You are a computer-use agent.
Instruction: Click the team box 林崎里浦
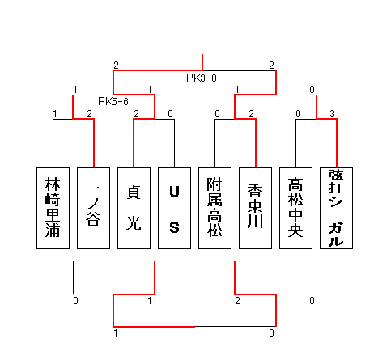tap(53, 208)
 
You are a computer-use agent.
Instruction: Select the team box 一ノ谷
tap(93, 208)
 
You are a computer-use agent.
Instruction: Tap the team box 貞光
tap(134, 208)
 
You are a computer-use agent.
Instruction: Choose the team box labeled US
tap(174, 208)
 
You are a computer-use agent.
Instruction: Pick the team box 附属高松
tap(214, 208)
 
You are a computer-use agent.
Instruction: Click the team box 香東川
tap(255, 208)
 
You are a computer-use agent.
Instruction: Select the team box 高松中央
tap(295, 208)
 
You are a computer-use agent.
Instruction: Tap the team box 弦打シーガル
tap(336, 208)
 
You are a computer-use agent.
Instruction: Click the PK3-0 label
tap(202, 78)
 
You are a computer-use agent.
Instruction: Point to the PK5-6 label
tap(113, 102)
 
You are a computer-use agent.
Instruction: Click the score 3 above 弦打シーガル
tap(332, 114)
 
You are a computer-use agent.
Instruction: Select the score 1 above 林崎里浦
tap(55, 114)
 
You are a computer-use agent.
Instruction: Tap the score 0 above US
tap(170, 114)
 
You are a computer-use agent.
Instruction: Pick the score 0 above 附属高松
tap(217, 114)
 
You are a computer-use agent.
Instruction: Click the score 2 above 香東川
tap(251, 114)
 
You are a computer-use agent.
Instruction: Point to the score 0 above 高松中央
tap(298, 114)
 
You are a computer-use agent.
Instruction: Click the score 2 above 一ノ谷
tap(89, 114)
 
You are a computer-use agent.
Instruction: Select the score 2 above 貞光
tap(136, 114)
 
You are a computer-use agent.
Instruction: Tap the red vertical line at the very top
tap(202, 62)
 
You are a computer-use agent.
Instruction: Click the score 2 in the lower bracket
tap(237, 301)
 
